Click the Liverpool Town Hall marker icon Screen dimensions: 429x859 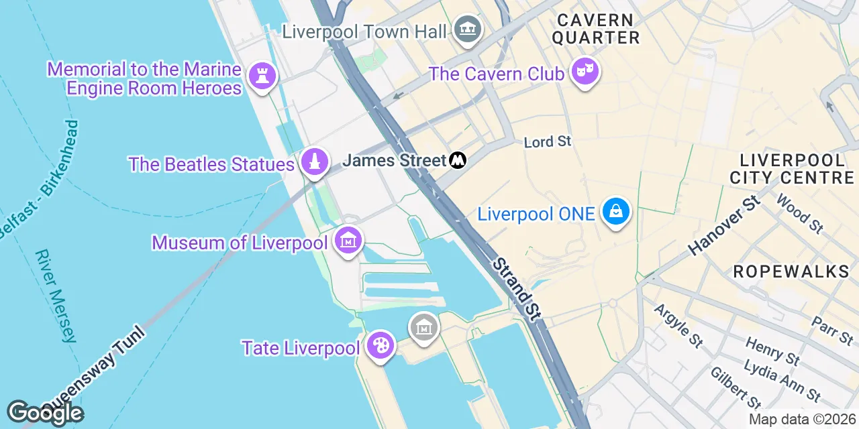tap(468, 29)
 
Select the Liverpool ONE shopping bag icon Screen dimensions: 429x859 tap(615, 212)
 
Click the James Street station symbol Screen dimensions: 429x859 tap(458, 160)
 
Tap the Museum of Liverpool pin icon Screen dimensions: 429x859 tap(348, 240)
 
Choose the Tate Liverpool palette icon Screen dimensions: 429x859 tap(381, 346)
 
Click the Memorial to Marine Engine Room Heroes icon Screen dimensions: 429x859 tap(262, 76)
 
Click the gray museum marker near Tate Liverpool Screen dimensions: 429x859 tap(423, 328)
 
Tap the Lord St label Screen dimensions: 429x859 tap(547, 141)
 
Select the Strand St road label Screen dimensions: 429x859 tap(517, 289)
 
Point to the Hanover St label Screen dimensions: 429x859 tap(725, 225)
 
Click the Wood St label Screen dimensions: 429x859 tap(799, 213)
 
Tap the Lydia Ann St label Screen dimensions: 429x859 tap(782, 381)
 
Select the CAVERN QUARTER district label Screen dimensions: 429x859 tap(596, 29)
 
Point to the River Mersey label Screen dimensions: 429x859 tap(56, 296)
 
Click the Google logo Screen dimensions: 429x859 tap(45, 413)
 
